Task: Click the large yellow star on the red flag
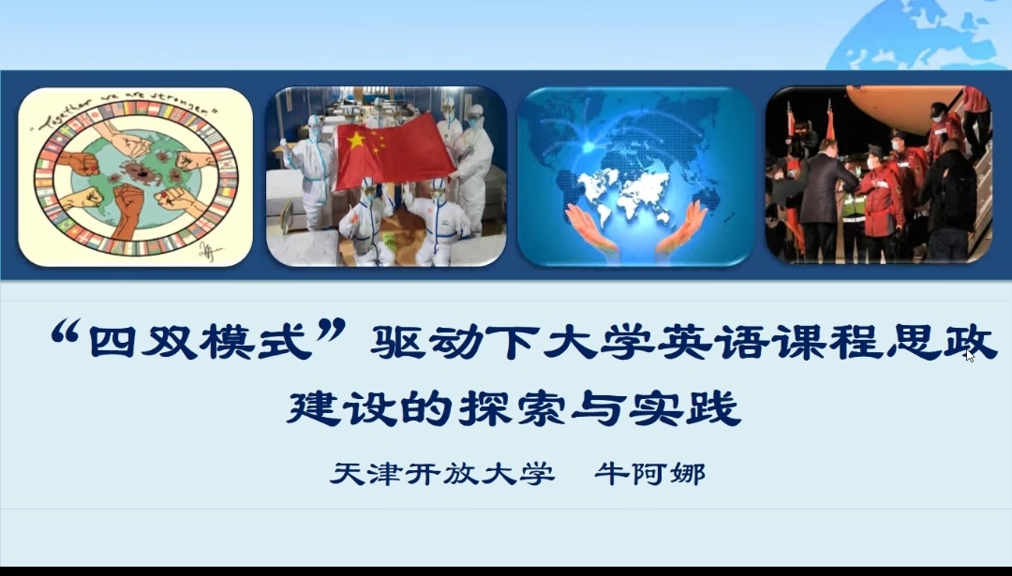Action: point(356,140)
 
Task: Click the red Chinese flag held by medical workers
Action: point(395,150)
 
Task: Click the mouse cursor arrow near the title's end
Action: point(970,355)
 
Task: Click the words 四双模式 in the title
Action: point(201,341)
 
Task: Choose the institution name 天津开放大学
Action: point(442,474)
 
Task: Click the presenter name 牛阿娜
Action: point(650,474)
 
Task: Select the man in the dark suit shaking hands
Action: point(820,199)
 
